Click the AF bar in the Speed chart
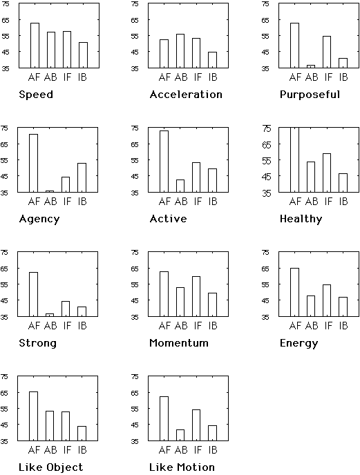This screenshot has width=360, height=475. pyautogui.click(x=35, y=46)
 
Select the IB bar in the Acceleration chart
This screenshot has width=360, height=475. pyautogui.click(x=212, y=60)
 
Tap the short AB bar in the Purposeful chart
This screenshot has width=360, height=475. pyautogui.click(x=310, y=66)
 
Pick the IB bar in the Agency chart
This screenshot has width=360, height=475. pyautogui.click(x=82, y=177)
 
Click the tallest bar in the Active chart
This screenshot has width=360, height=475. pyautogui.click(x=164, y=162)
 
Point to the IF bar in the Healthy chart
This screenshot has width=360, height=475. pyautogui.click(x=327, y=173)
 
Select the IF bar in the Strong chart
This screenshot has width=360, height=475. pyautogui.click(x=66, y=309)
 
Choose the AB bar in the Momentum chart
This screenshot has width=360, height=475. pyautogui.click(x=180, y=302)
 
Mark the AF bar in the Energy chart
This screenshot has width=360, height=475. pyautogui.click(x=294, y=292)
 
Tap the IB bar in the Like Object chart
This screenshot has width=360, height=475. pyautogui.click(x=82, y=433)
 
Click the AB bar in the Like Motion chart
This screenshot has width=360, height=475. pyautogui.click(x=180, y=435)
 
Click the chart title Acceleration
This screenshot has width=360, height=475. pyautogui.click(x=186, y=95)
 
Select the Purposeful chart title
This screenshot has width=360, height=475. pyautogui.click(x=310, y=95)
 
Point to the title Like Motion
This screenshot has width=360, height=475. pyautogui.click(x=182, y=467)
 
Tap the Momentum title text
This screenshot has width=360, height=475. pyautogui.click(x=179, y=343)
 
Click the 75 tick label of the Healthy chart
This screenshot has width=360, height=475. pyautogui.click(x=266, y=128)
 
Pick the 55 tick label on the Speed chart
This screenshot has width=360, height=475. pyautogui.click(x=5, y=36)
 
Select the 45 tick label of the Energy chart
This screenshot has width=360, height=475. pyautogui.click(x=265, y=301)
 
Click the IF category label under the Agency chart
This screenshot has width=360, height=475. pyautogui.click(x=67, y=202)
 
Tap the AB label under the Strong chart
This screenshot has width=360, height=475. pyautogui.click(x=50, y=326)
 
